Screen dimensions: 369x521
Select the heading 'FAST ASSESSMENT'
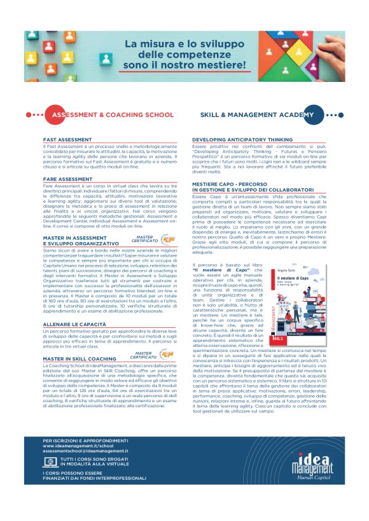coord(67,139)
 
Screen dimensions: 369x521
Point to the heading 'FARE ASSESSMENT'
coord(67,179)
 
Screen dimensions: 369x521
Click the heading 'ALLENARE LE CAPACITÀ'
coord(75,324)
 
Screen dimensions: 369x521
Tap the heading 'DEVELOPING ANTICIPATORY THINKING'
coord(242,139)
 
